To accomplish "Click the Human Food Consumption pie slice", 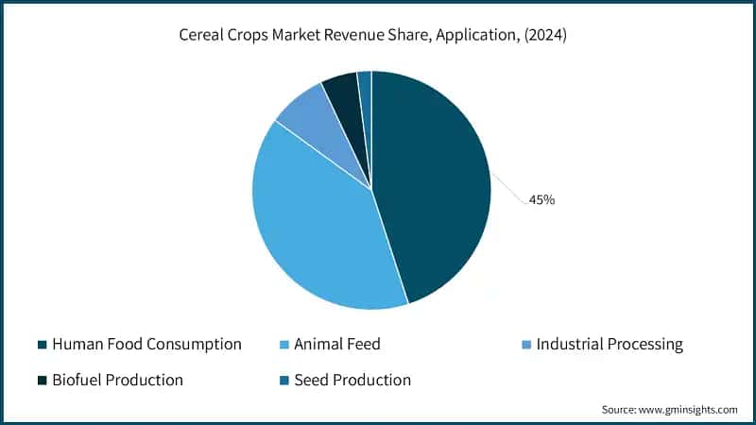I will [435, 189].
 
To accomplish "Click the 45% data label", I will [541, 199].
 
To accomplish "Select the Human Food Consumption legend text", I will [146, 345].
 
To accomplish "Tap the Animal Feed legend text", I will [336, 345].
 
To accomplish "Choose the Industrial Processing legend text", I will [609, 345].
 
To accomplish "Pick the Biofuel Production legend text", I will [117, 381].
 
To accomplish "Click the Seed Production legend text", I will [352, 381].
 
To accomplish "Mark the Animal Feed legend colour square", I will [284, 345].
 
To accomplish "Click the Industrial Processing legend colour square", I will [526, 345].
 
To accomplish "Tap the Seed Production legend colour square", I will [284, 381].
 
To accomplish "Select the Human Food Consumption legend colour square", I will [43, 345].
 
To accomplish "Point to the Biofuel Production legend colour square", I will [43, 381].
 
